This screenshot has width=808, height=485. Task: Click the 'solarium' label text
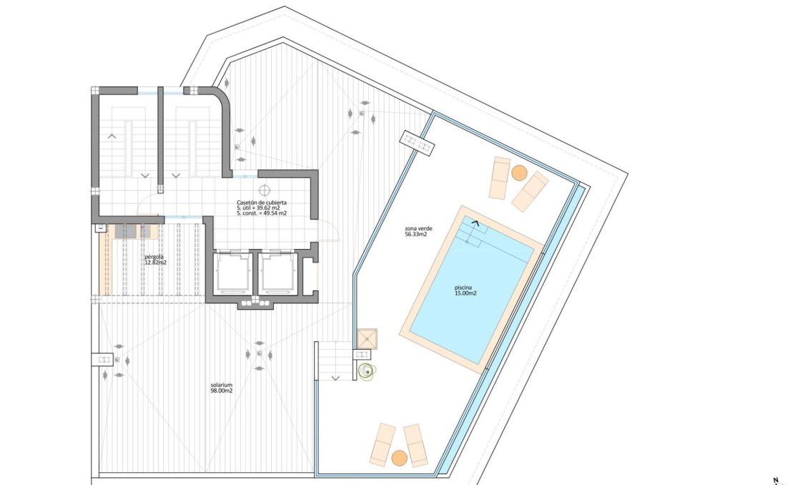click(222, 385)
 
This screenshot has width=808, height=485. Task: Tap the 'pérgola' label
click(154, 255)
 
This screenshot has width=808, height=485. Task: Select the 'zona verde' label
click(415, 228)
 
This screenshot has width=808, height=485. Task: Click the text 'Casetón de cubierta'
click(262, 202)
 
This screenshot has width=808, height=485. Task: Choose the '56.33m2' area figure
click(415, 235)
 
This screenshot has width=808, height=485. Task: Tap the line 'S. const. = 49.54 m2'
click(262, 213)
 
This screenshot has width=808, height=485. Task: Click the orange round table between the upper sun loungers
click(519, 173)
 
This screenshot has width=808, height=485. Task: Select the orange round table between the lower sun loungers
click(399, 457)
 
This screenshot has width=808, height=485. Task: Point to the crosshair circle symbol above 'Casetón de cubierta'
click(265, 190)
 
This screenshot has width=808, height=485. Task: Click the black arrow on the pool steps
click(474, 224)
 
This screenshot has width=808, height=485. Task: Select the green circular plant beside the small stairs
click(368, 371)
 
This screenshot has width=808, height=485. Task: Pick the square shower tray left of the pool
click(368, 338)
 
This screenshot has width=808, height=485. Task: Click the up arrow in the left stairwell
click(112, 134)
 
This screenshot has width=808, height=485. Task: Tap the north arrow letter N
click(775, 480)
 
